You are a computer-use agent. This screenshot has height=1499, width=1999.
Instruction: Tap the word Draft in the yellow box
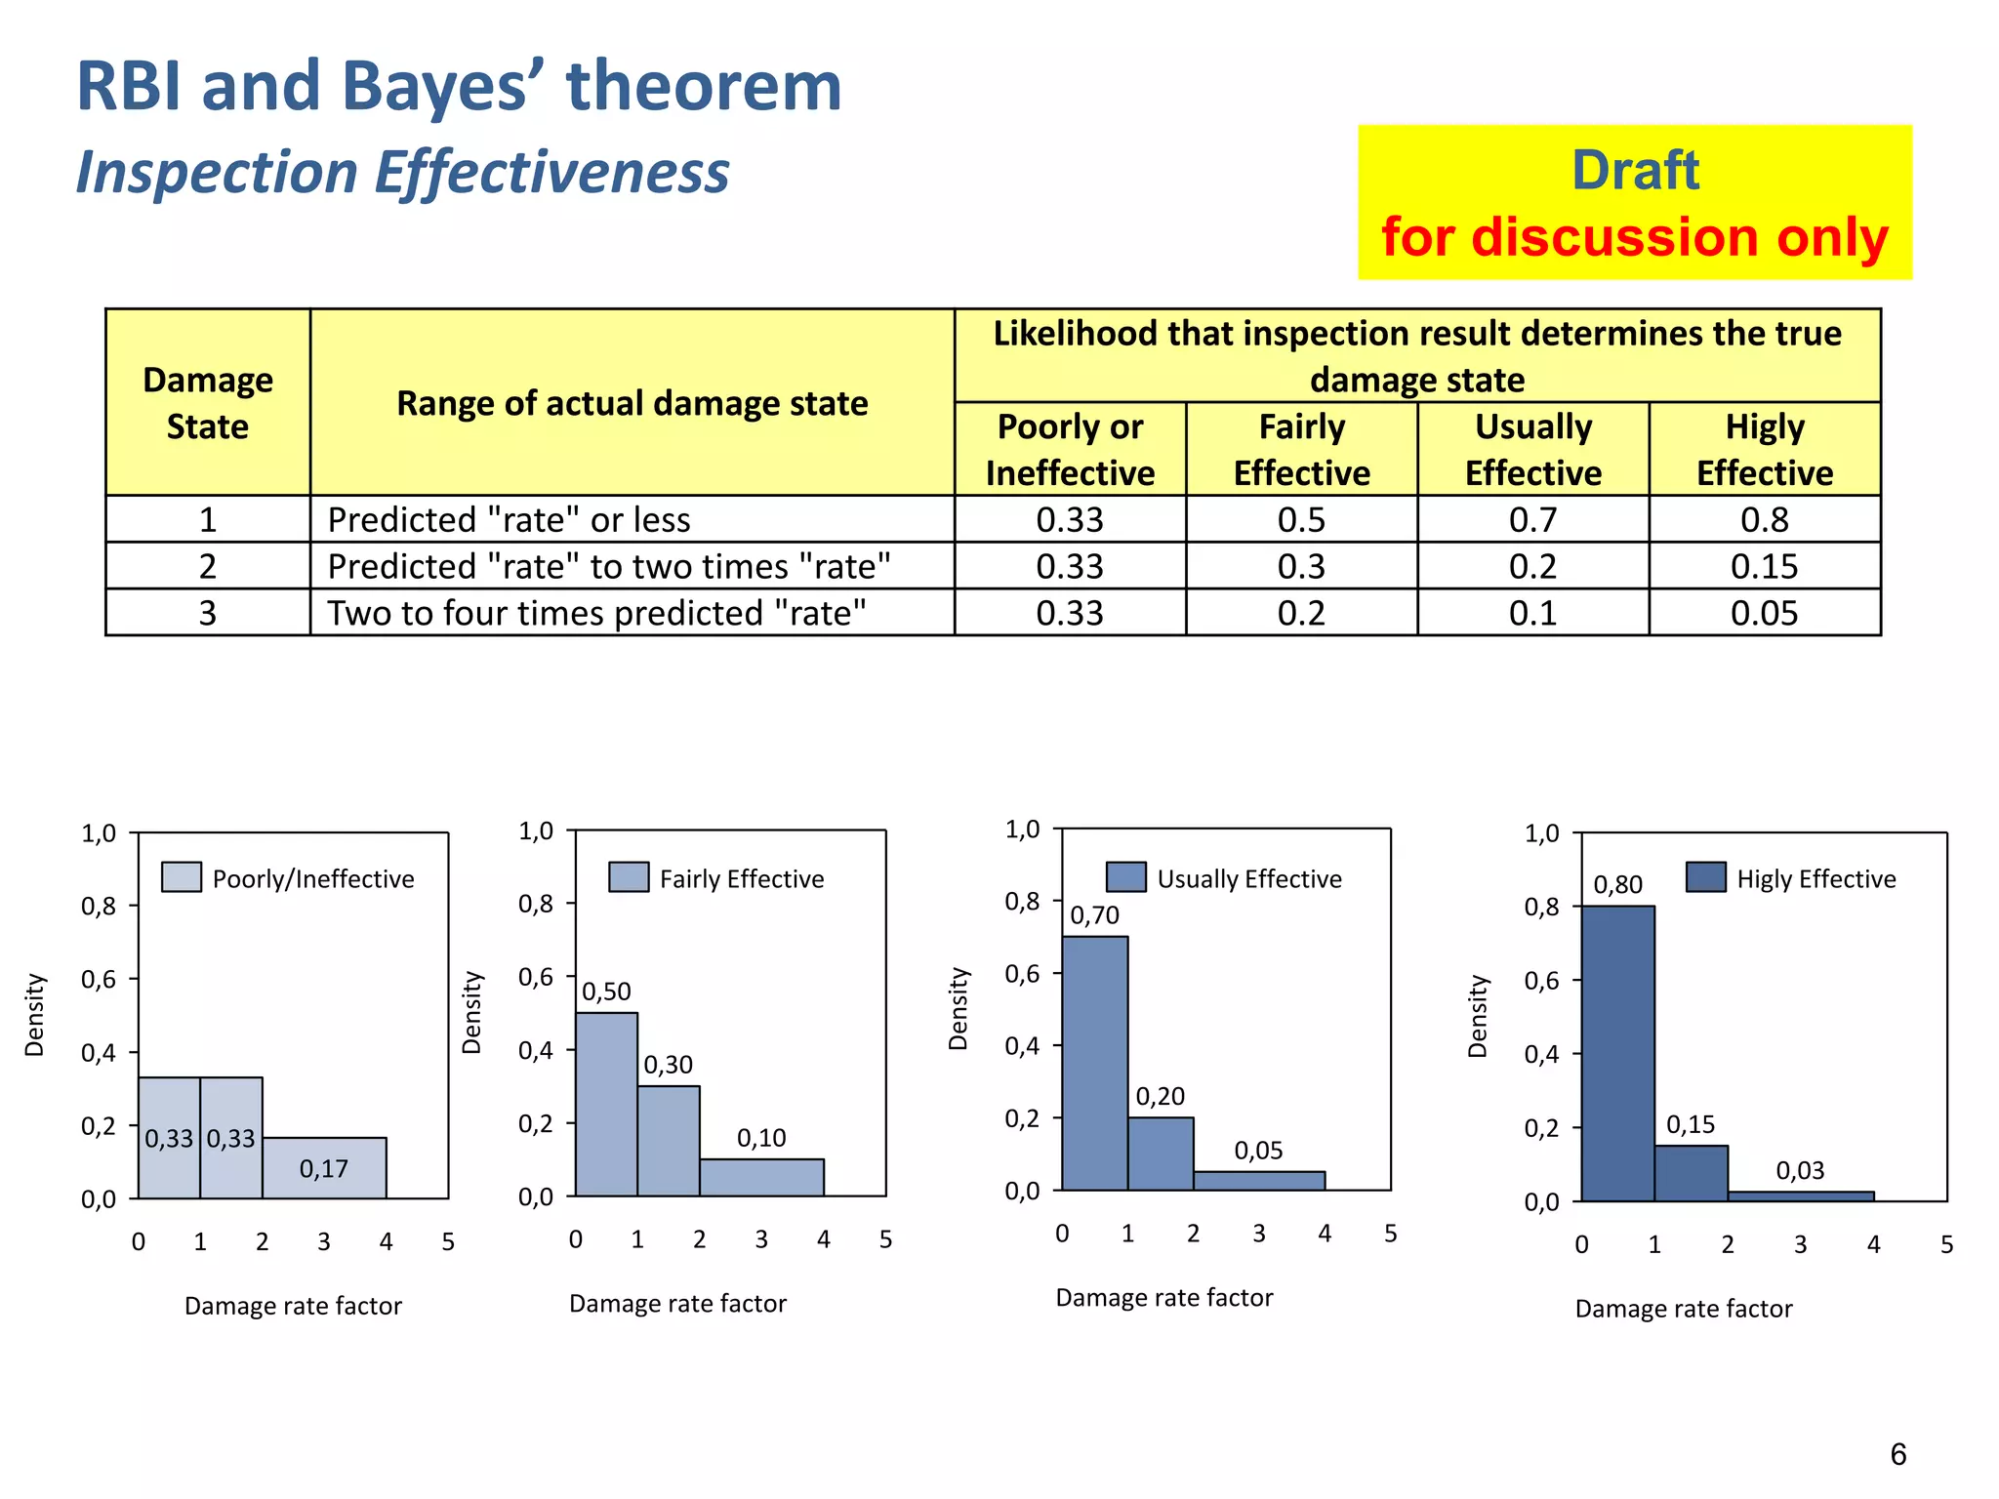[x=1635, y=171]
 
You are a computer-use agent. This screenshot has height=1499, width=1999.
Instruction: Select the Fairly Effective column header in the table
[x=1301, y=449]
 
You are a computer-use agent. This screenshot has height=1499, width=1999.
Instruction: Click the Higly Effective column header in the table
[x=1764, y=449]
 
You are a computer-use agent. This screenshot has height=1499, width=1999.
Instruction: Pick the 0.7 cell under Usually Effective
[x=1532, y=519]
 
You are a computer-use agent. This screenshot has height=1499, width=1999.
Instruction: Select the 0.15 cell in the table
[x=1764, y=566]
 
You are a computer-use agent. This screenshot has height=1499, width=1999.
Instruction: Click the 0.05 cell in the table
[x=1764, y=613]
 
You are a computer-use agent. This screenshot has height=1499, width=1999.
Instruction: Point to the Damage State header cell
[x=207, y=403]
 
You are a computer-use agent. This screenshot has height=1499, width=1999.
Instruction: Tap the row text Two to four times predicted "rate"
[x=596, y=613]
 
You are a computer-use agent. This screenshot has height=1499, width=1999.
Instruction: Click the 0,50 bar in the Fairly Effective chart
[x=606, y=1104]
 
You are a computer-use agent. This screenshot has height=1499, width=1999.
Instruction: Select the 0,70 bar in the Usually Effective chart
[x=1094, y=1063]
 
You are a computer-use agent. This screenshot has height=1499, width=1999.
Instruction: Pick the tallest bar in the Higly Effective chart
[x=1617, y=1053]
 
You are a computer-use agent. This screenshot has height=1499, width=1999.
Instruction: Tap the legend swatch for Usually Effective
[x=1125, y=877]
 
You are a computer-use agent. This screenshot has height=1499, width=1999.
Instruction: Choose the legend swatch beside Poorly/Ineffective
[x=182, y=877]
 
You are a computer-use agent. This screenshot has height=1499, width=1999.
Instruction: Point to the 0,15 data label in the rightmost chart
[x=1690, y=1124]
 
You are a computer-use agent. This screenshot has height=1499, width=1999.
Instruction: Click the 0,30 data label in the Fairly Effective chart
[x=668, y=1065]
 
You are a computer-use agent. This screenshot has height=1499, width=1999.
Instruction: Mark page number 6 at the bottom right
[x=1897, y=1454]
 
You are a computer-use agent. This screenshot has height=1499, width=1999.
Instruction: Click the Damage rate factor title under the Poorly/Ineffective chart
[x=293, y=1306]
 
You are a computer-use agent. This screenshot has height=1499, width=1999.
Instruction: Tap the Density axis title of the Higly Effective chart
[x=1478, y=1016]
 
